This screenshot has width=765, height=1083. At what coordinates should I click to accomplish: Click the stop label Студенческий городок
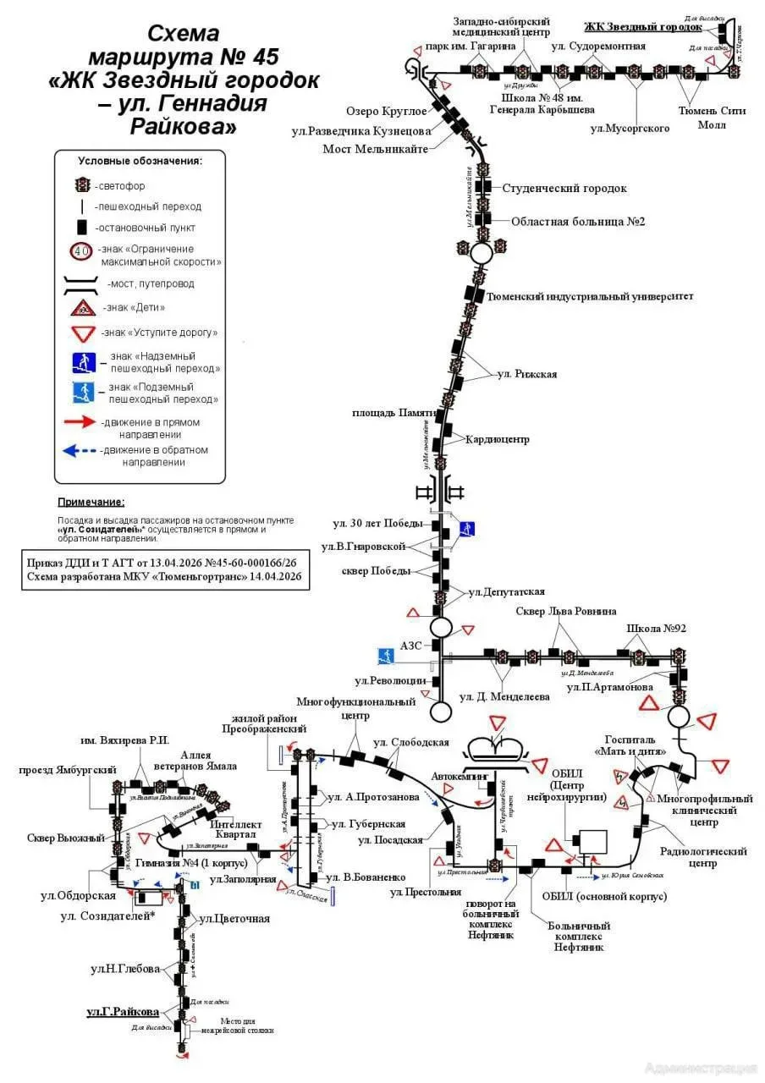click(564, 189)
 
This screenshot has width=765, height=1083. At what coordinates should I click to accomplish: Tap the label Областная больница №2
click(578, 222)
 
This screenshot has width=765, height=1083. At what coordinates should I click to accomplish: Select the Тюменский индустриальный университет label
click(591, 296)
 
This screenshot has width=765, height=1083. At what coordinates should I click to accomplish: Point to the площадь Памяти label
click(395, 413)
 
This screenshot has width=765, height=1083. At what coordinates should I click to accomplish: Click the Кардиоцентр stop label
click(497, 439)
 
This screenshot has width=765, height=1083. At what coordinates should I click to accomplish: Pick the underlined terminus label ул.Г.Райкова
click(123, 1011)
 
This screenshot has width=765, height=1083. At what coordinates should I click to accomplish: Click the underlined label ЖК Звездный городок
click(642, 26)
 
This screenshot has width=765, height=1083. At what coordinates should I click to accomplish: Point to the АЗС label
click(411, 646)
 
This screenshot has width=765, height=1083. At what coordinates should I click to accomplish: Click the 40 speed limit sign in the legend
click(82, 251)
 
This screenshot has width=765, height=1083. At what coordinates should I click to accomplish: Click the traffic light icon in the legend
click(83, 184)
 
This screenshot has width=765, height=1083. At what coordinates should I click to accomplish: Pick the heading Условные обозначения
click(140, 160)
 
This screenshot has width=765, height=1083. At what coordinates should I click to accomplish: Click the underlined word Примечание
click(91, 502)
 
